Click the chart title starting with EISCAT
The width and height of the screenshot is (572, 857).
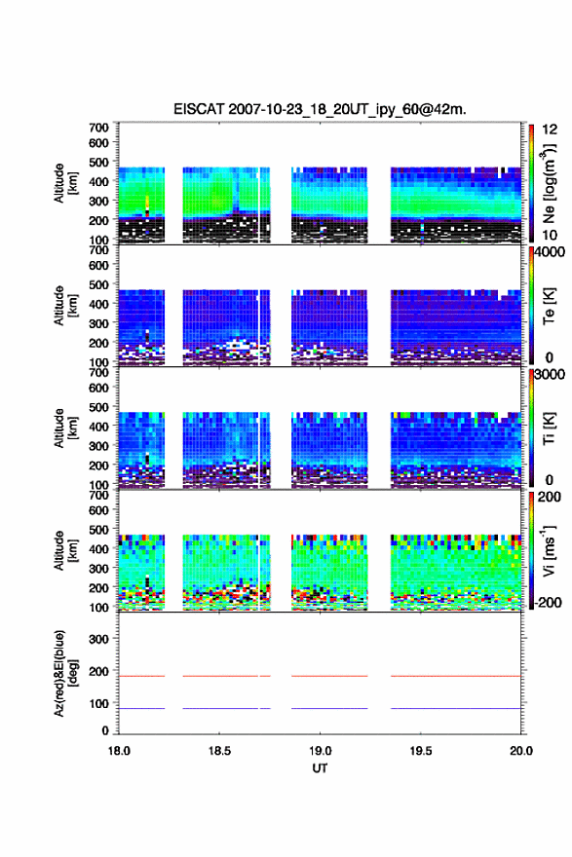tap(320, 109)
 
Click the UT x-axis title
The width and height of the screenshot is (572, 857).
tap(320, 768)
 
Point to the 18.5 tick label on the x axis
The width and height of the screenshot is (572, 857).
tap(219, 751)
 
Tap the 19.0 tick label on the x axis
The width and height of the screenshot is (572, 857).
tap(320, 751)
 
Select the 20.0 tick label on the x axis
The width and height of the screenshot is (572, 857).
tap(521, 751)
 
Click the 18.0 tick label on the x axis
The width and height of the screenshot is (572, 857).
tap(119, 751)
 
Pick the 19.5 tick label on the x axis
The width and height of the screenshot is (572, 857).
tap(421, 751)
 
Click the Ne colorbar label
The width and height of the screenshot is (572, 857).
tap(549, 183)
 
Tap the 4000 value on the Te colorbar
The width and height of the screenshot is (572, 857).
tap(551, 252)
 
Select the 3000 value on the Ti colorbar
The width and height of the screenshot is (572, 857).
tap(551, 374)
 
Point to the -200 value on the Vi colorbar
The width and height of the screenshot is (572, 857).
tap(548, 602)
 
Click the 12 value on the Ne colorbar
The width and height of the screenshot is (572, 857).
tap(550, 130)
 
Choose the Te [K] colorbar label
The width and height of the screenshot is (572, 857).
tap(549, 306)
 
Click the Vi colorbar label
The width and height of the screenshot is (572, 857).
tap(549, 550)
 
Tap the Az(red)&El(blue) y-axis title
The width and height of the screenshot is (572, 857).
tap(65, 673)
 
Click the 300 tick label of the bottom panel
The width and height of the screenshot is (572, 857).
tap(99, 639)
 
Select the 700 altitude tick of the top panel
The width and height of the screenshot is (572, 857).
tap(99, 128)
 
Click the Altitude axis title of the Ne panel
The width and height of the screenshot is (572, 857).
tap(65, 183)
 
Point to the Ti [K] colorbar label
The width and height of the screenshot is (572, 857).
tap(549, 428)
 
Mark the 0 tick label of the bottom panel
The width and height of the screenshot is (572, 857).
tap(105, 730)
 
